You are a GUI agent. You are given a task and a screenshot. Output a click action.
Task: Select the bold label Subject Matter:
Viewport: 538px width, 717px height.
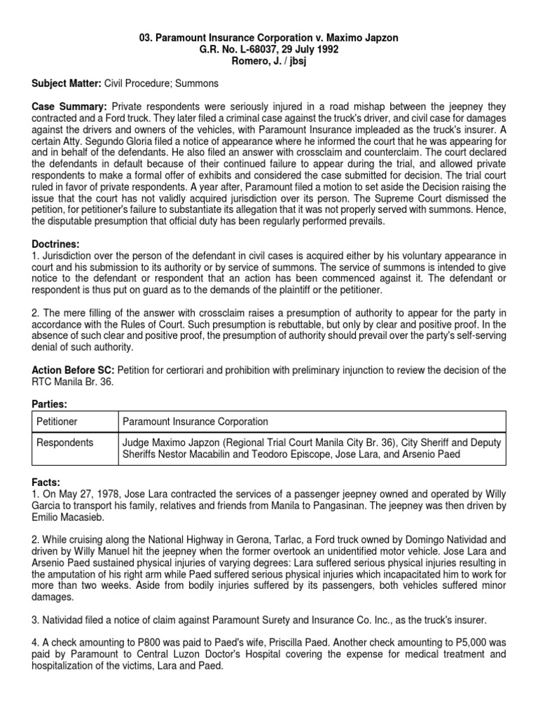click(x=67, y=83)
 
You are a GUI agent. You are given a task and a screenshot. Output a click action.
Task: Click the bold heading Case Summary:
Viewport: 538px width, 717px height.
click(x=69, y=106)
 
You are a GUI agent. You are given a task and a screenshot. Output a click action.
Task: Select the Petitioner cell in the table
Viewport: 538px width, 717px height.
click(x=57, y=422)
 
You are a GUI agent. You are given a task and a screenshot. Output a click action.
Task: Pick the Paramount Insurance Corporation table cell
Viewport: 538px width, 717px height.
click(x=195, y=422)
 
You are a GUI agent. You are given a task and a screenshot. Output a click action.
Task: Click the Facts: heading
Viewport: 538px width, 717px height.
click(x=47, y=483)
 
